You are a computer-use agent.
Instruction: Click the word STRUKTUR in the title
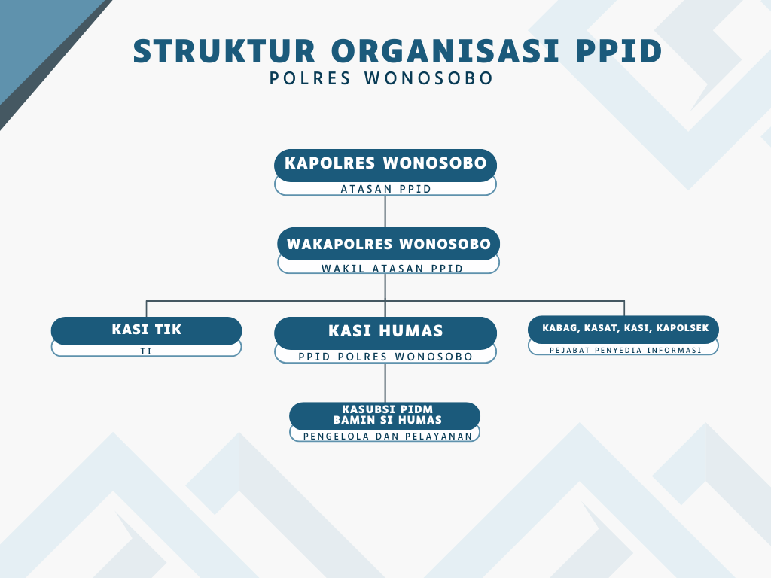click(x=224, y=51)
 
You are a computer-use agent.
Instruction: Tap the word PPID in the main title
click(x=619, y=51)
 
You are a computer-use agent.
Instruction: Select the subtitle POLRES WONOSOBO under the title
click(x=381, y=78)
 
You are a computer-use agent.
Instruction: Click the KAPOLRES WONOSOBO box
click(x=385, y=166)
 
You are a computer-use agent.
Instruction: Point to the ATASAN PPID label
click(x=386, y=189)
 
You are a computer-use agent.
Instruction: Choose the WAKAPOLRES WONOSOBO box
click(x=389, y=244)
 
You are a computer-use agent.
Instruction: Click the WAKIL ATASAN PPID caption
click(x=392, y=269)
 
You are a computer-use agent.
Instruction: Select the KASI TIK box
click(x=147, y=330)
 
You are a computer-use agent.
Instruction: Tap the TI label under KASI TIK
click(x=146, y=351)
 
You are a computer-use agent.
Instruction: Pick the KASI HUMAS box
click(x=385, y=333)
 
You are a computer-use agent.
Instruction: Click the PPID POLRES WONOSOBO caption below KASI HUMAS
click(x=385, y=357)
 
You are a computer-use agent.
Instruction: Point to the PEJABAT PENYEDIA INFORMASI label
click(x=626, y=351)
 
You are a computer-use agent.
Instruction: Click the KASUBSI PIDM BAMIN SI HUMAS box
click(x=385, y=415)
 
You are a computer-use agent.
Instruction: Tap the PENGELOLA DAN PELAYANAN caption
click(x=388, y=436)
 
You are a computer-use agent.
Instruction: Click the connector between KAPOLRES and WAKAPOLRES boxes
click(x=385, y=211)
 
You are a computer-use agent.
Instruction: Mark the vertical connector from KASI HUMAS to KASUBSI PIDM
click(x=385, y=383)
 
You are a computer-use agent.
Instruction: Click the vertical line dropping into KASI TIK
click(x=147, y=309)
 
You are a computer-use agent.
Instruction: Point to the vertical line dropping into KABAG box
click(x=624, y=308)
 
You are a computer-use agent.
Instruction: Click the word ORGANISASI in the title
click(x=446, y=51)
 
